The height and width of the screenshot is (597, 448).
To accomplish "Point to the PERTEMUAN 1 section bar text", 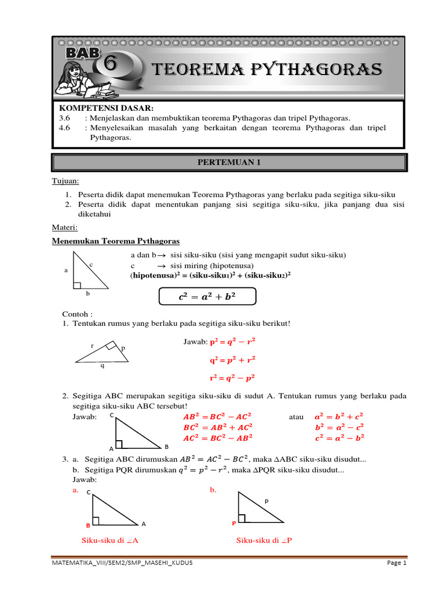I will (x=229, y=163).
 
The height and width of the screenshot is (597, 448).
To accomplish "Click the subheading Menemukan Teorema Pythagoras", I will (x=116, y=241).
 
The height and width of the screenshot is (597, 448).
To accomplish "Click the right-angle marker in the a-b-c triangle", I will (x=77, y=285).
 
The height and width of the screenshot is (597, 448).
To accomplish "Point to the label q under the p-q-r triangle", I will (x=103, y=366).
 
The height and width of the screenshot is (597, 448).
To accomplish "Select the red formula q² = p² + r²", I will (x=232, y=360).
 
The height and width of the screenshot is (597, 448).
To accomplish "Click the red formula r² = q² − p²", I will (x=232, y=378).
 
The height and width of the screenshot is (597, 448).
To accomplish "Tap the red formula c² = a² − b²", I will (x=339, y=437).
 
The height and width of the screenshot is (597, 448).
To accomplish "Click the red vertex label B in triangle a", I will (x=88, y=524).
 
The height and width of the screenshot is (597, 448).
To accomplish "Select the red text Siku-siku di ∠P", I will (x=264, y=540).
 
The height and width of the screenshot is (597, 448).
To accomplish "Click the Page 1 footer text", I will (x=396, y=563).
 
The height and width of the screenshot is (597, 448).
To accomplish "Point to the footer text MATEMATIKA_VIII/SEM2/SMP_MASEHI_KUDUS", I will (x=123, y=563).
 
